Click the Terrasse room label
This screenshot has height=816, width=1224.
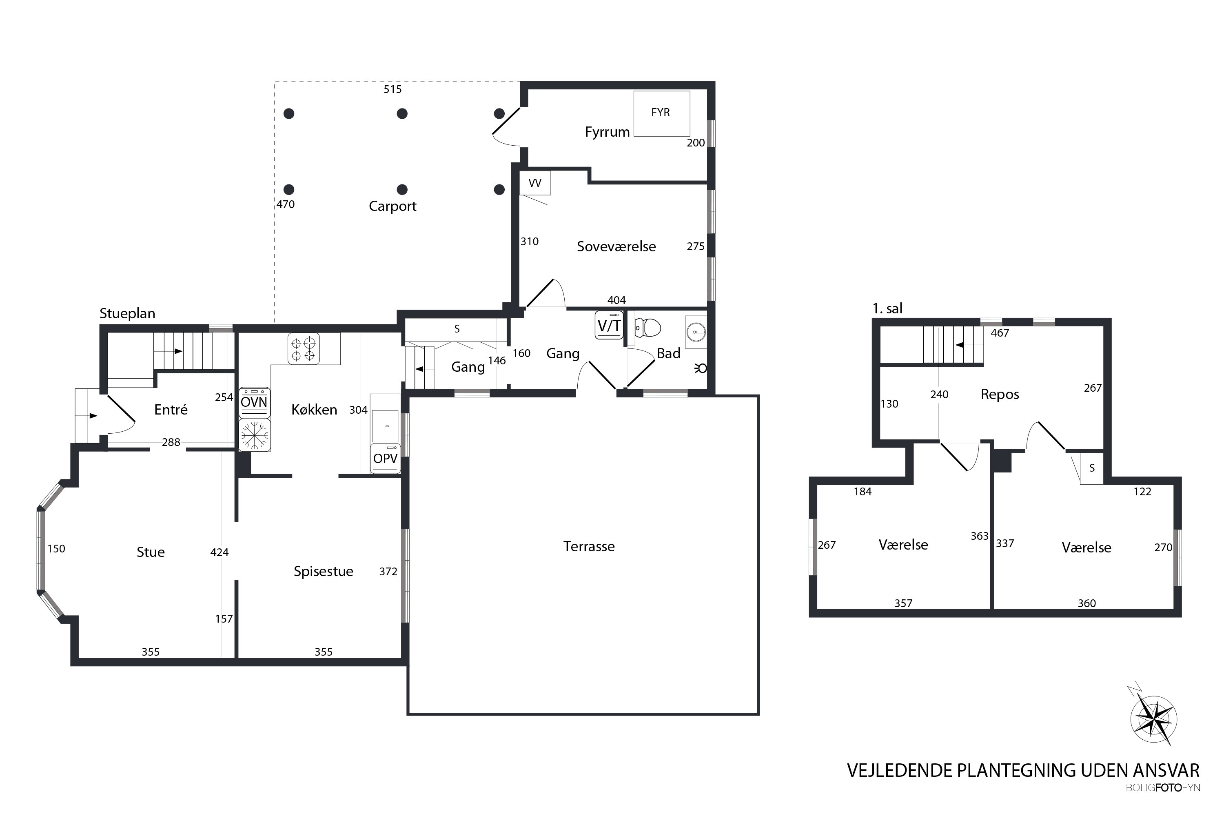[x=589, y=546]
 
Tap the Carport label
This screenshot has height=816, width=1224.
[x=392, y=206]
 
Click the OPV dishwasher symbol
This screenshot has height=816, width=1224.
[x=385, y=459]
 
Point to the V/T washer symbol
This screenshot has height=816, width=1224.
[x=609, y=325]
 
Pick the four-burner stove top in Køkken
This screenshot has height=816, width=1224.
[x=304, y=349]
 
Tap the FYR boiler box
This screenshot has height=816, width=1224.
[x=661, y=113]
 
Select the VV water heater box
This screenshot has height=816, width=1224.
[x=534, y=183]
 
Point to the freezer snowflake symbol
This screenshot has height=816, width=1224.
[x=255, y=435]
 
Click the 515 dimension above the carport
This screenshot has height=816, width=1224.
[x=392, y=89]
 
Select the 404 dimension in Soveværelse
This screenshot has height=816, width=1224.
[x=616, y=300]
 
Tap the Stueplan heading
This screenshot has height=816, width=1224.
[x=127, y=314]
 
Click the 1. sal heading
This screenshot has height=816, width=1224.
[x=887, y=308]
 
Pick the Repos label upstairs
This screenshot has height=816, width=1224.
[x=1000, y=395]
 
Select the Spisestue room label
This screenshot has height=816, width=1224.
[x=323, y=572]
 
